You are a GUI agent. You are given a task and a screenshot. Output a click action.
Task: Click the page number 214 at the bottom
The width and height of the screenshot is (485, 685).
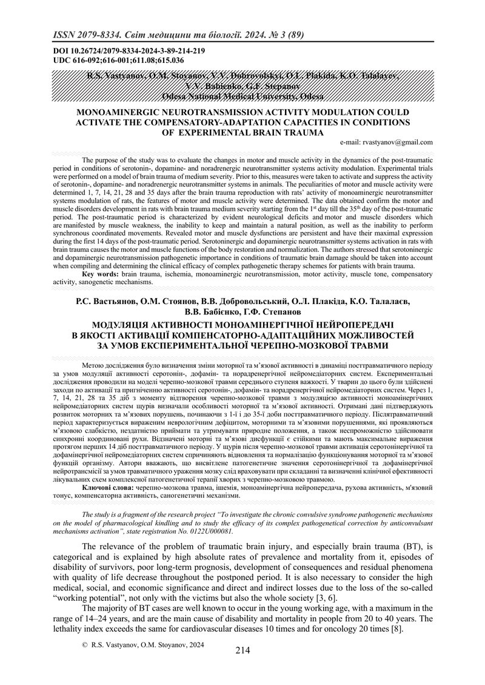coord(242,650)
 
